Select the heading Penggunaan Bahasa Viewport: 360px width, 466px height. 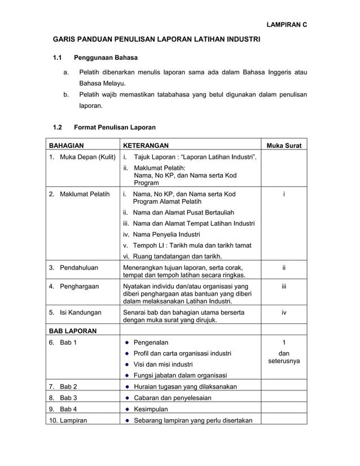(106, 58)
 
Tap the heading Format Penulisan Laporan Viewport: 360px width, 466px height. (115, 127)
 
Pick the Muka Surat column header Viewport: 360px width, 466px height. (284, 146)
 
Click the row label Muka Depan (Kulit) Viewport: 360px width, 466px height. (87, 156)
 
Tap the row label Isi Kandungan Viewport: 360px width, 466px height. (81, 312)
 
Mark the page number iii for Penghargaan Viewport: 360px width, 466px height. (284, 287)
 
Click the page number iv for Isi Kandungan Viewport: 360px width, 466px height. (284, 312)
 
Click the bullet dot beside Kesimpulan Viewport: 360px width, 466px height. (128, 409)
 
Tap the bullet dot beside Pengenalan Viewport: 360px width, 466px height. (128, 342)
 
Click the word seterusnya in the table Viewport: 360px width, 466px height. (284, 360)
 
